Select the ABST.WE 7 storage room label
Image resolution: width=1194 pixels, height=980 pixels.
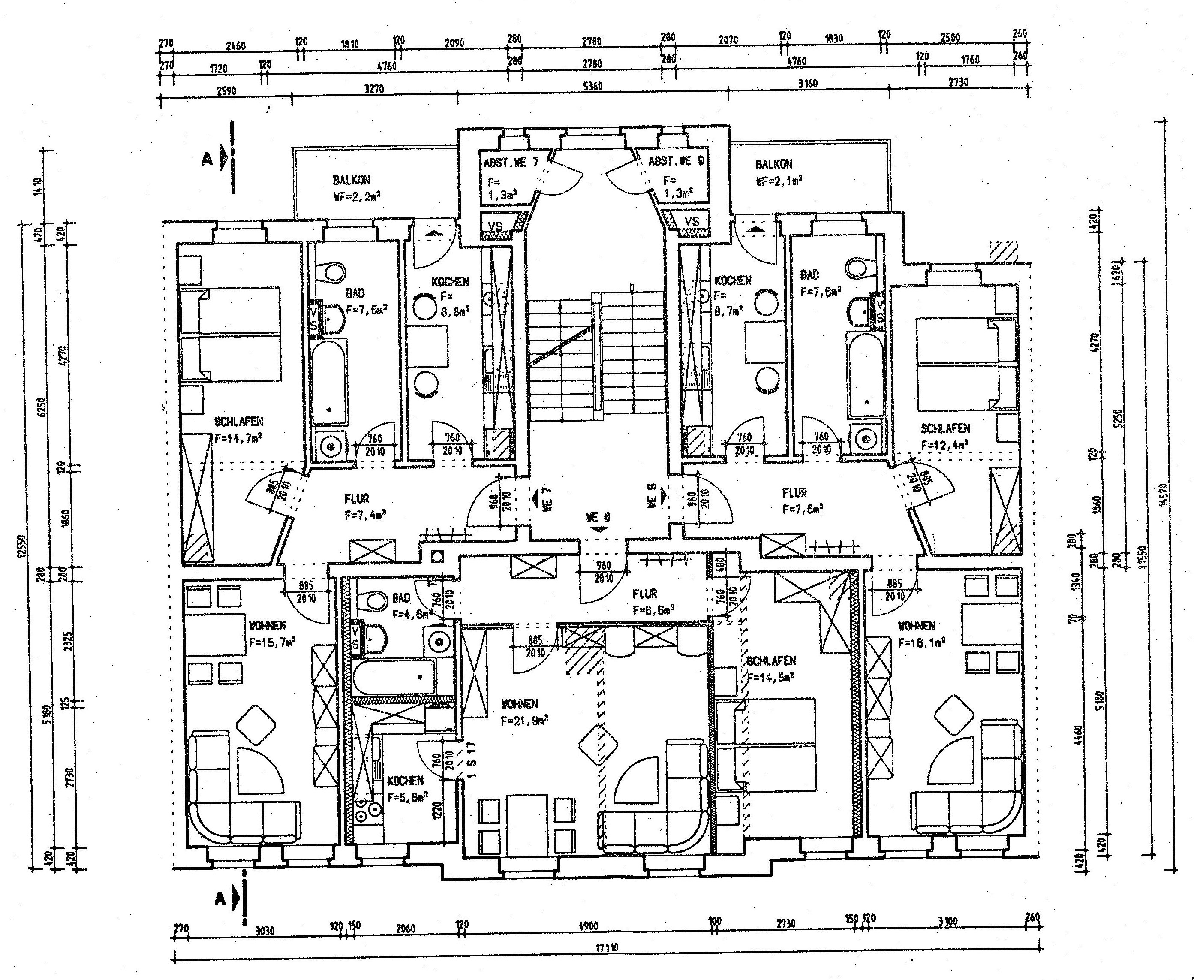[x=511, y=163]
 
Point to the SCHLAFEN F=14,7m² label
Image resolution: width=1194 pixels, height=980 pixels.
[x=239, y=429]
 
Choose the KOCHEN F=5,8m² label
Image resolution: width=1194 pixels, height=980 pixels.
[x=406, y=788]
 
